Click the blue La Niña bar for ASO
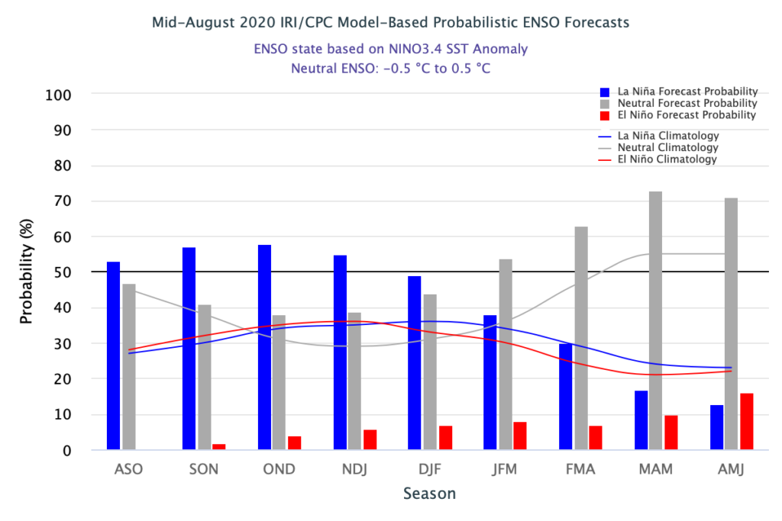(113, 355)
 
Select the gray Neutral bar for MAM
(655, 320)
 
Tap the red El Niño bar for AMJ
(746, 422)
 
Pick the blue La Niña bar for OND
(264, 347)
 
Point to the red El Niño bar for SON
(219, 447)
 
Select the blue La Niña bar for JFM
(490, 382)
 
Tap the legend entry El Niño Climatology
(658, 159)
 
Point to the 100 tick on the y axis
(59, 95)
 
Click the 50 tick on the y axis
(63, 272)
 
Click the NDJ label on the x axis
(354, 469)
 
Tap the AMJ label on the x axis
(731, 469)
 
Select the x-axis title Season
(429, 494)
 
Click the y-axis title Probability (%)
(27, 272)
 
